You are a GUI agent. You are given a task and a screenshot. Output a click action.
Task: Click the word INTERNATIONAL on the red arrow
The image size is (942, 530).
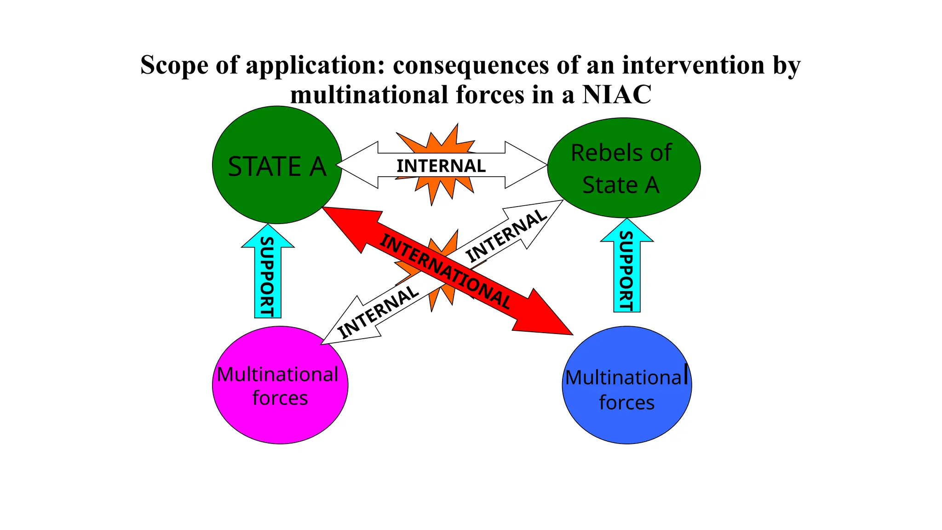pyautogui.click(x=445, y=271)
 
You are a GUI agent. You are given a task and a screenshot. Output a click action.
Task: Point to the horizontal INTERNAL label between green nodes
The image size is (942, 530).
pyautogui.click(x=441, y=166)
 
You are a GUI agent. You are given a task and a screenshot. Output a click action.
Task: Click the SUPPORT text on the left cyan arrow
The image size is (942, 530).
pyautogui.click(x=267, y=277)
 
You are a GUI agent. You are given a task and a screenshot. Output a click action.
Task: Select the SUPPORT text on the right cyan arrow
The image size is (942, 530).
pyautogui.click(x=626, y=271)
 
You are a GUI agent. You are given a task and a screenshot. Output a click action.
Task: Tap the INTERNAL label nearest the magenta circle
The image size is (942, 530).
pyautogui.click(x=378, y=311)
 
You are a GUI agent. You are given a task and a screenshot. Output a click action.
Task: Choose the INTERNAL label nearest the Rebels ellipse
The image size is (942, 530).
pyautogui.click(x=506, y=236)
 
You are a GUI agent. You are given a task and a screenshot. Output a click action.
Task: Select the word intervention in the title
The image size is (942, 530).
pyautogui.click(x=693, y=65)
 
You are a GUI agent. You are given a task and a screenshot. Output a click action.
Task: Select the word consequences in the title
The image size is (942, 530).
pyautogui.click(x=471, y=65)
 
